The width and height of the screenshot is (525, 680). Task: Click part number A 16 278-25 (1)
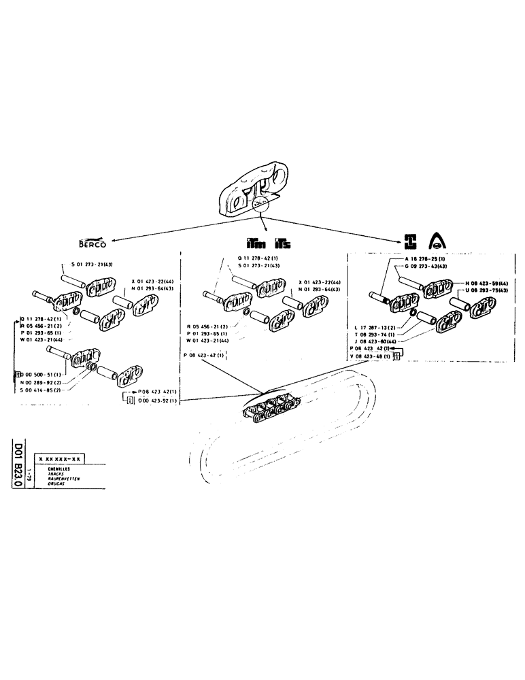[424, 260]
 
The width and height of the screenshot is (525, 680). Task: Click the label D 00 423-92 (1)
[157, 401]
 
